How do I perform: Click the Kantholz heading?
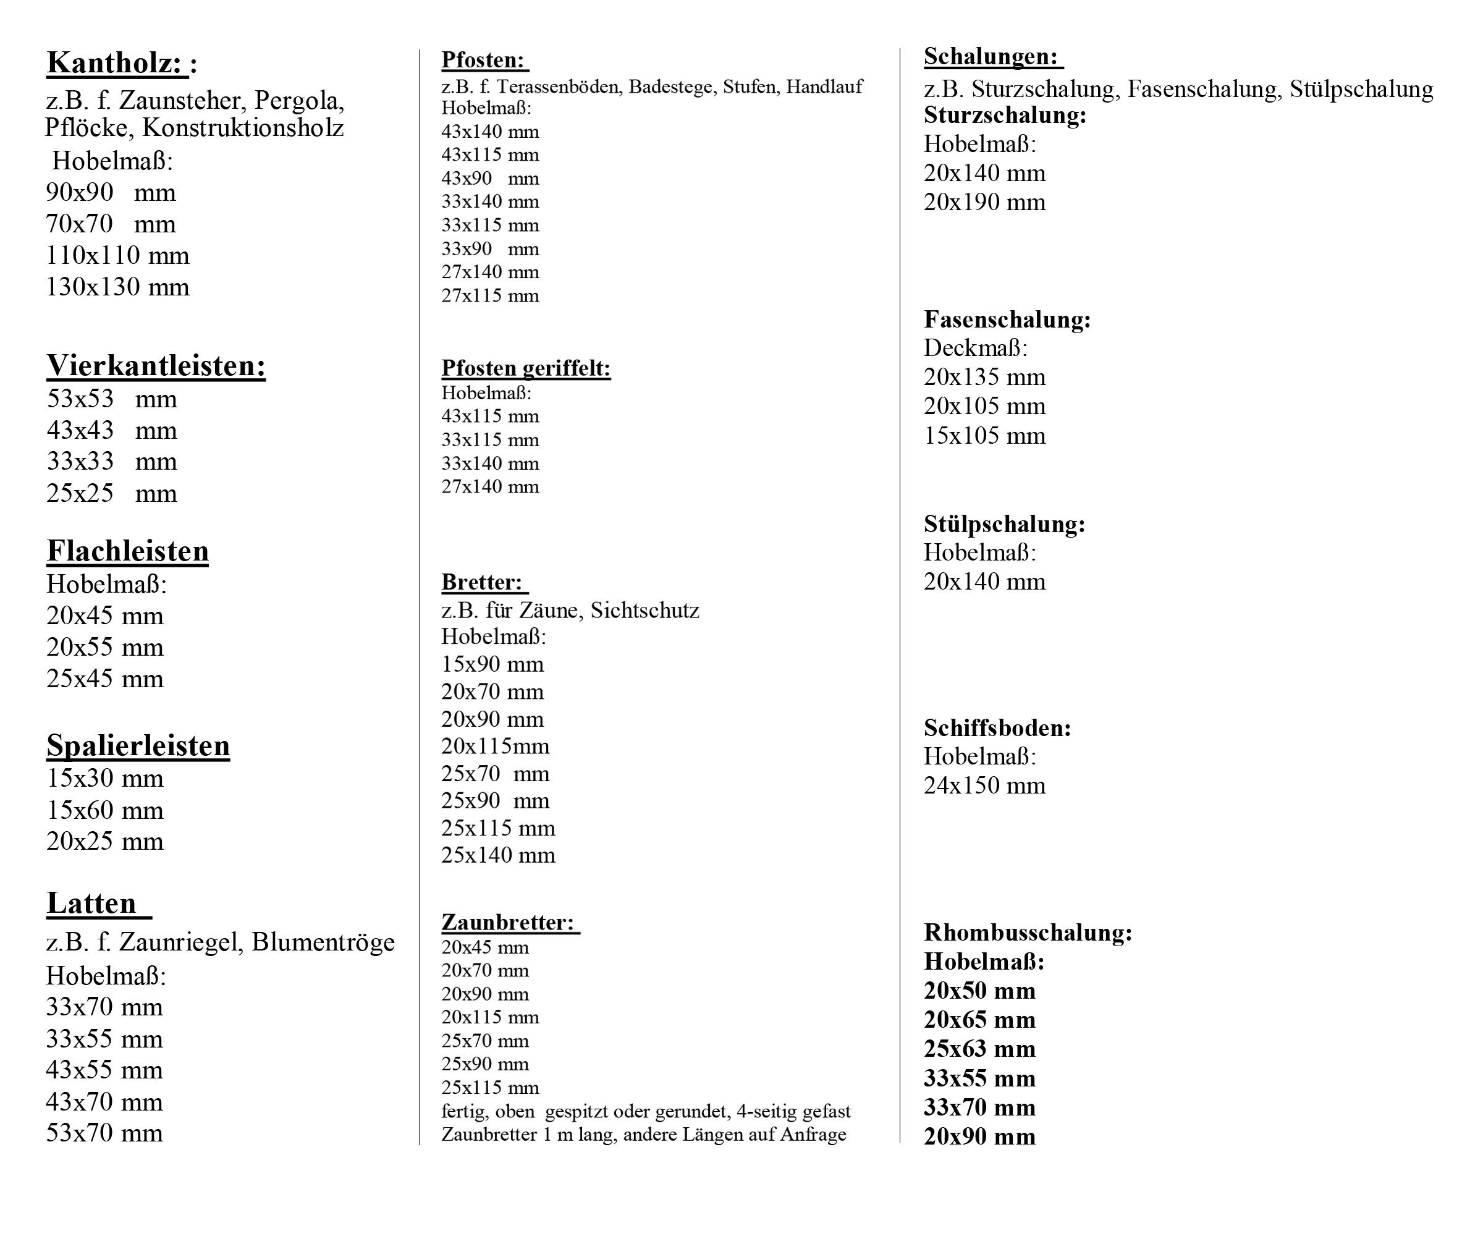tap(117, 63)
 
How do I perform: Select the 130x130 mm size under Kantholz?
tap(117, 287)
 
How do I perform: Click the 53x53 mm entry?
tap(112, 399)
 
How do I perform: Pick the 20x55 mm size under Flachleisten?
tap(104, 647)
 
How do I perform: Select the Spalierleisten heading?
tap(138, 746)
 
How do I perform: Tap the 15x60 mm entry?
tap(104, 810)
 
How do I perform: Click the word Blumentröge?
tap(323, 942)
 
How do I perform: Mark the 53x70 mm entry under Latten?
tap(104, 1133)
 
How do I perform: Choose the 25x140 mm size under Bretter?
tap(498, 855)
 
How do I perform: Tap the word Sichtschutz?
tap(644, 610)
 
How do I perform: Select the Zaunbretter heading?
tap(508, 923)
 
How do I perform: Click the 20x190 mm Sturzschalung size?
tap(984, 203)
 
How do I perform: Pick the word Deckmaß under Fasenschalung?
tap(975, 348)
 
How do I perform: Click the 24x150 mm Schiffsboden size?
tap(984, 785)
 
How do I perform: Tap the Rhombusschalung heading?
tap(1028, 933)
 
